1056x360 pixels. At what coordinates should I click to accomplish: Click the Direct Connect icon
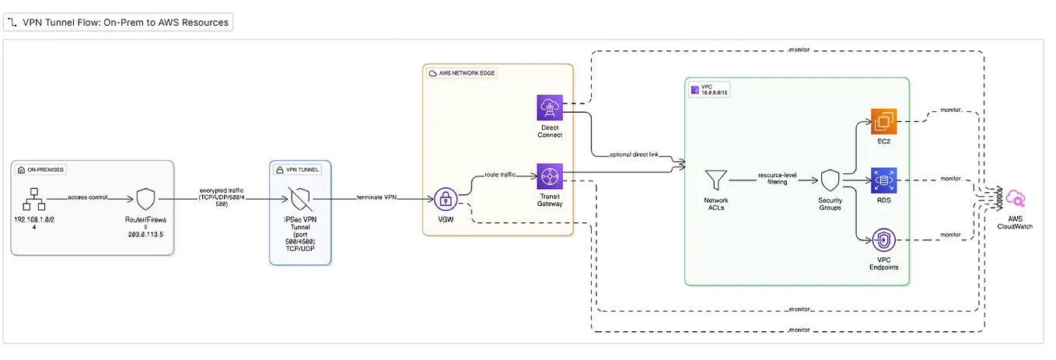click(x=550, y=107)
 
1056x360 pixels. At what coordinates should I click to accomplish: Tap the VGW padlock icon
click(x=446, y=199)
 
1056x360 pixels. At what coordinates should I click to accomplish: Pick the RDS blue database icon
click(x=885, y=180)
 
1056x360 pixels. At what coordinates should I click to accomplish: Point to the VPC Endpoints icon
click(x=885, y=240)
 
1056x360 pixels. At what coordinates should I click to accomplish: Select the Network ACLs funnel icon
click(x=716, y=180)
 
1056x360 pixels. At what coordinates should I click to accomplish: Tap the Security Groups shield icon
click(x=830, y=180)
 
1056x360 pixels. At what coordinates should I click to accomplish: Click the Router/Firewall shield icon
click(x=145, y=199)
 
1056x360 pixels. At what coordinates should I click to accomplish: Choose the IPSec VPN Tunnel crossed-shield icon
click(x=299, y=199)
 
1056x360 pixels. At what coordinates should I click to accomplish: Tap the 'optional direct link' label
click(x=635, y=155)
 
